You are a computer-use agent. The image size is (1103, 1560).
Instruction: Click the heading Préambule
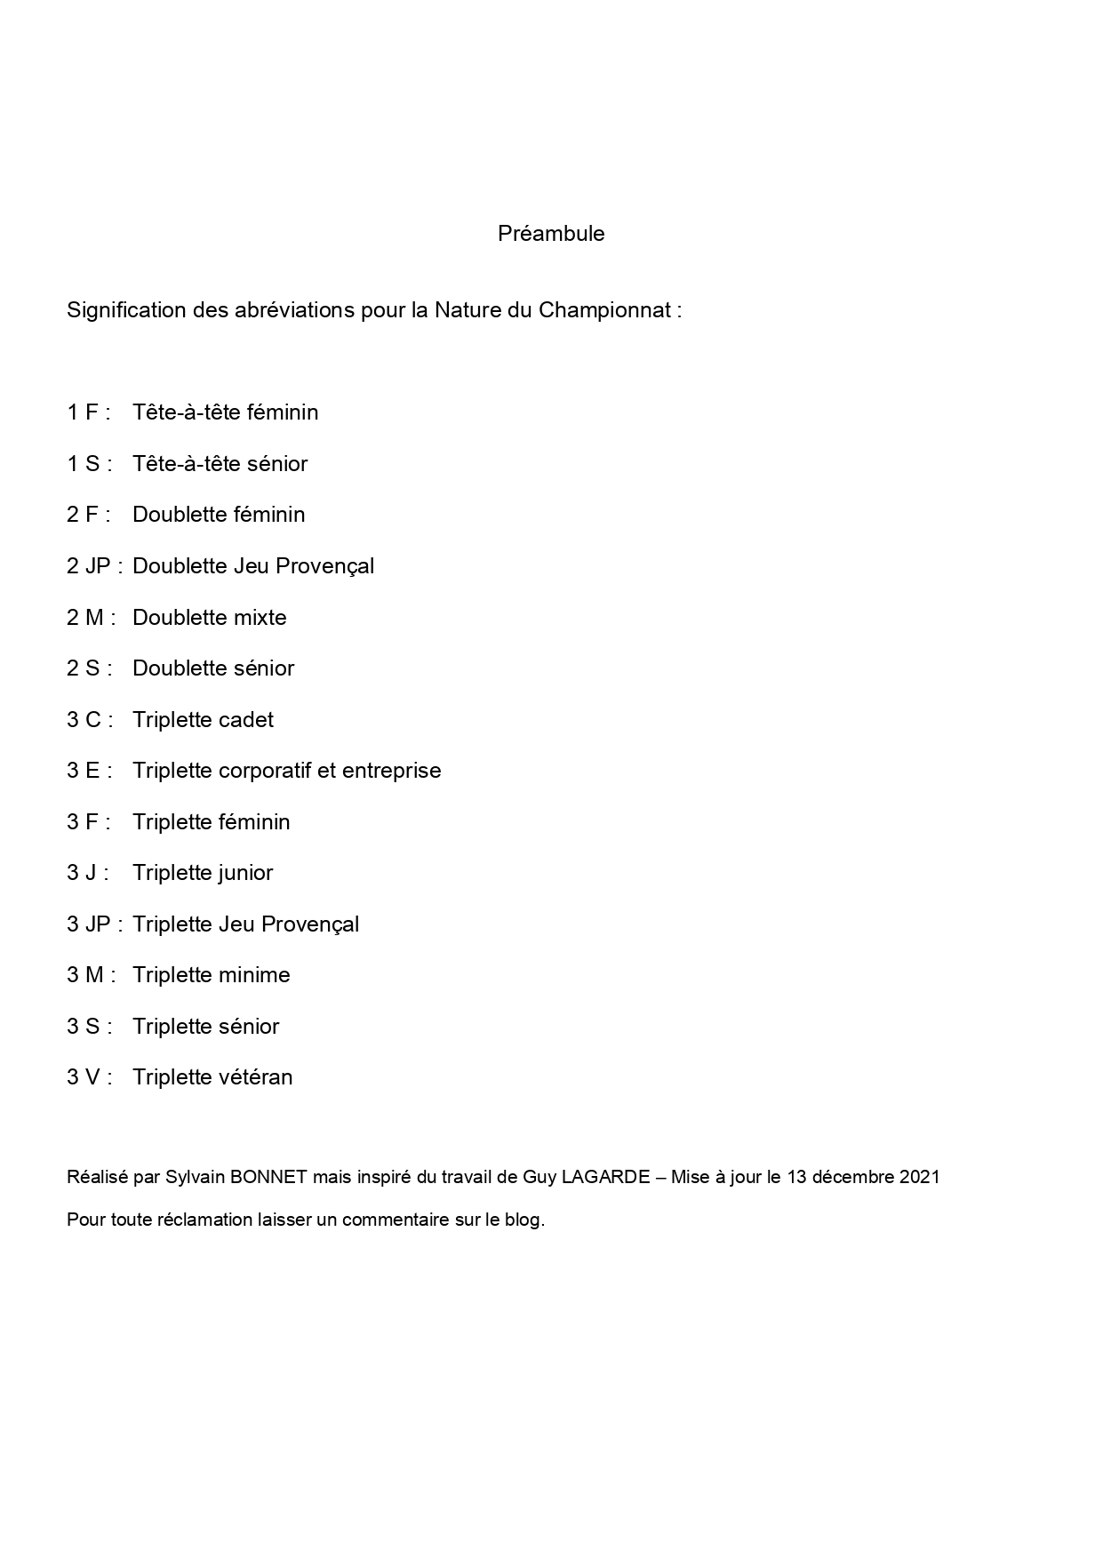(551, 234)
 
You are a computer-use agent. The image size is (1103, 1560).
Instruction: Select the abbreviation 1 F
(83, 412)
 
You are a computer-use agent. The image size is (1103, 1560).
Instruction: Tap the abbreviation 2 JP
(88, 566)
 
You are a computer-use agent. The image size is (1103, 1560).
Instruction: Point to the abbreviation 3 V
(84, 1077)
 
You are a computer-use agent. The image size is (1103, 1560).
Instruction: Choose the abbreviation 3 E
(84, 771)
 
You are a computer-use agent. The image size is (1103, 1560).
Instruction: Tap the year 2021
(919, 1178)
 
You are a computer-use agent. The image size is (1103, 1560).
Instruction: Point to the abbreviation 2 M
(85, 618)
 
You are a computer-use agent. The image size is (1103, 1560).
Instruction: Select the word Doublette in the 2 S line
(174, 668)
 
